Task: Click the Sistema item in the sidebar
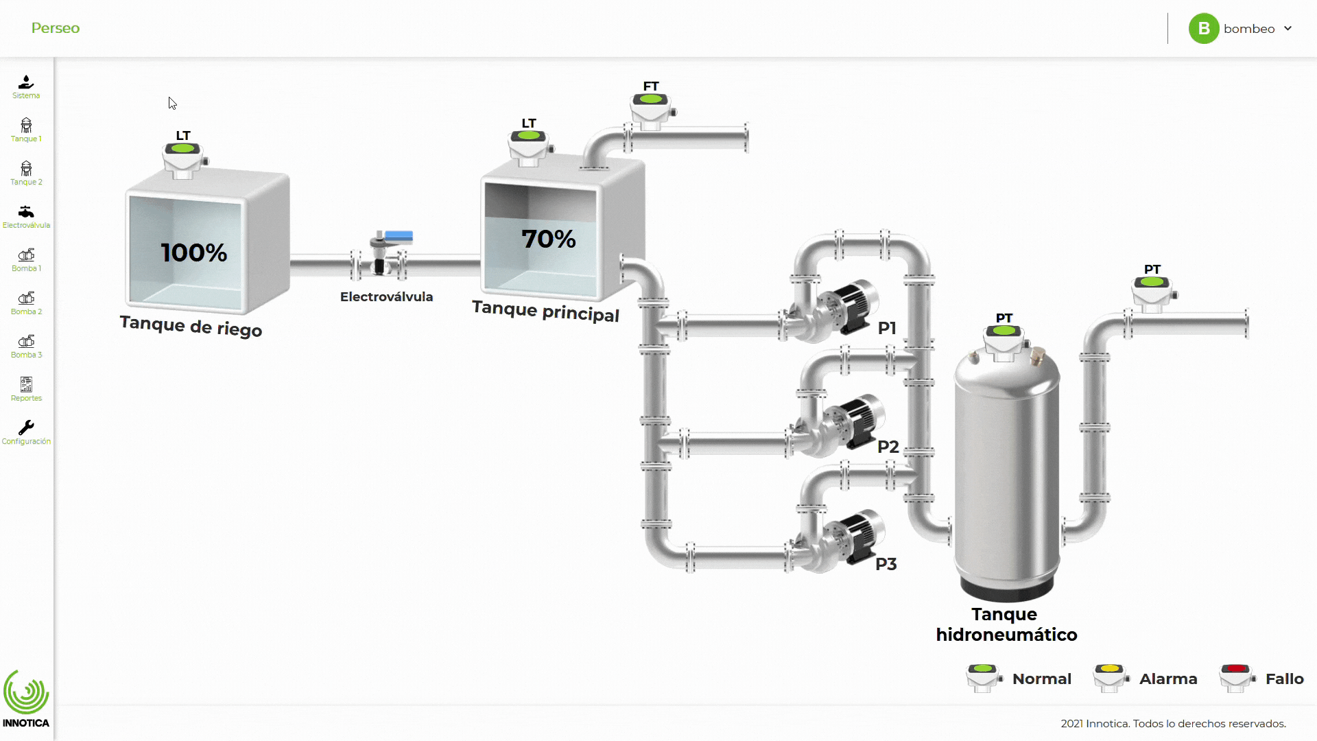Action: click(x=26, y=86)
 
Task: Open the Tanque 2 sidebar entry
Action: click(x=26, y=173)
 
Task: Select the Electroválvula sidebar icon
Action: click(x=26, y=215)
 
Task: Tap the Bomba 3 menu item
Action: click(x=26, y=346)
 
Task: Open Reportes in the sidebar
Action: click(x=26, y=389)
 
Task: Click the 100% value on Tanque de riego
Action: click(x=194, y=252)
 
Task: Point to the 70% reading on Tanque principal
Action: click(x=548, y=239)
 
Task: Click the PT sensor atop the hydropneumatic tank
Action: click(x=1004, y=340)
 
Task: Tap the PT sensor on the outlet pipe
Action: click(x=1152, y=291)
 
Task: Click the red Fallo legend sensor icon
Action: click(x=1236, y=678)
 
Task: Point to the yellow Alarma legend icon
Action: click(x=1110, y=678)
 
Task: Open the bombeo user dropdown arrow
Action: click(x=1288, y=28)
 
